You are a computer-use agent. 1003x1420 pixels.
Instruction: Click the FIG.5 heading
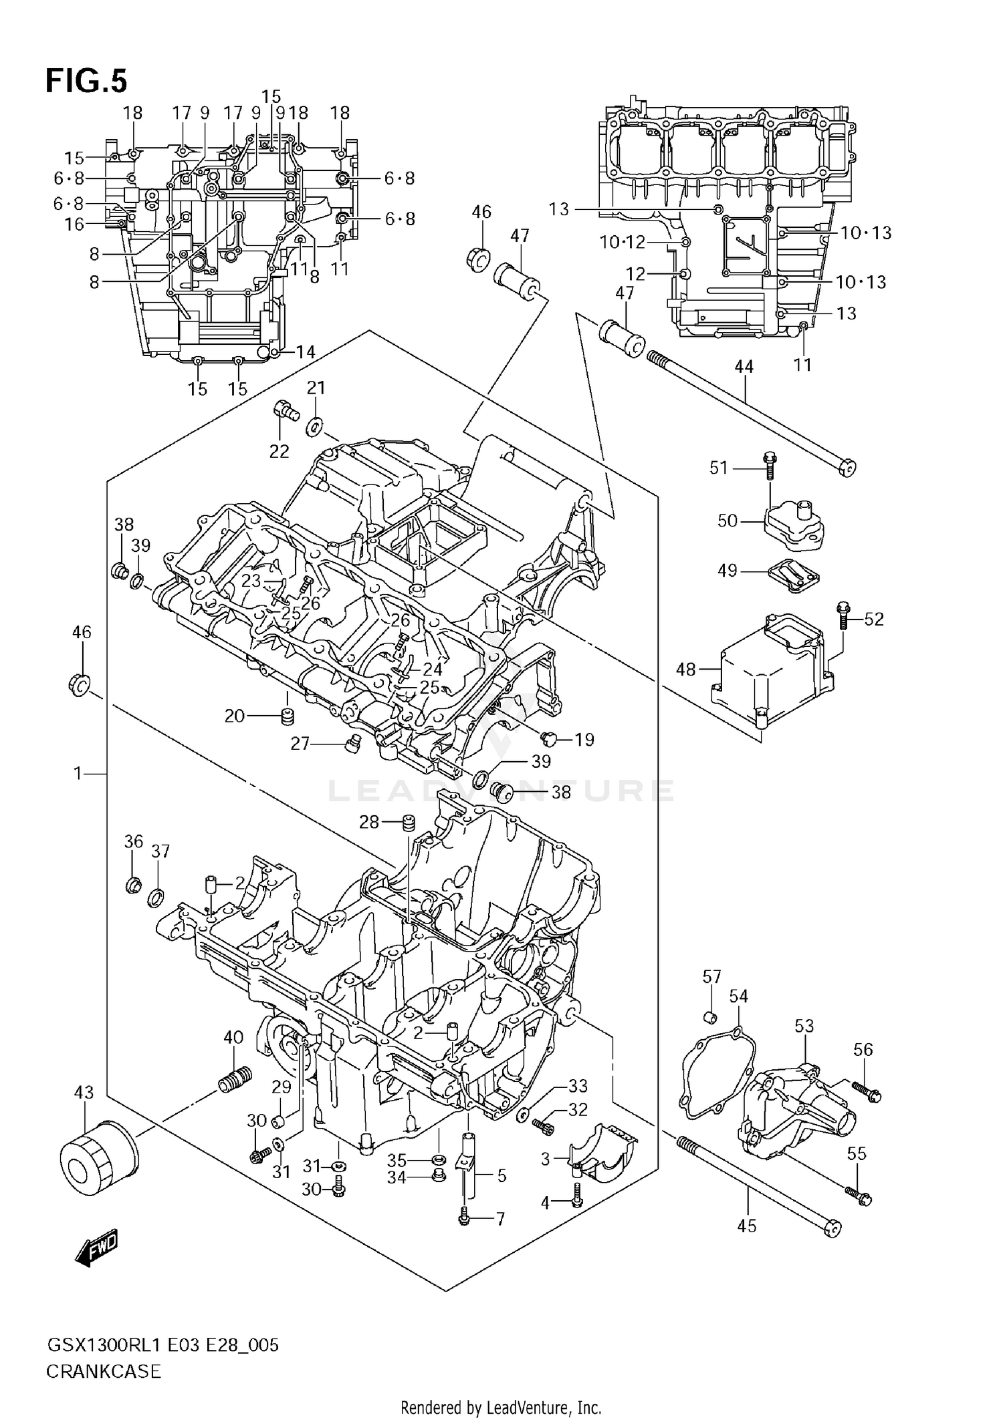coord(86,81)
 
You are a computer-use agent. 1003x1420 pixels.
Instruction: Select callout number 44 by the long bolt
coord(744,366)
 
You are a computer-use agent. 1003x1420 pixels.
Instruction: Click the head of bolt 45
coord(832,1228)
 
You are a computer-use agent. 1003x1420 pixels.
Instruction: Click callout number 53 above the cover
coord(804,1025)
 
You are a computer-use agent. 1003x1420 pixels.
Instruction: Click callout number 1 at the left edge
coord(78,773)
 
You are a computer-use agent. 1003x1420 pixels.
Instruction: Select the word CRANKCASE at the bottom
coord(104,1372)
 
